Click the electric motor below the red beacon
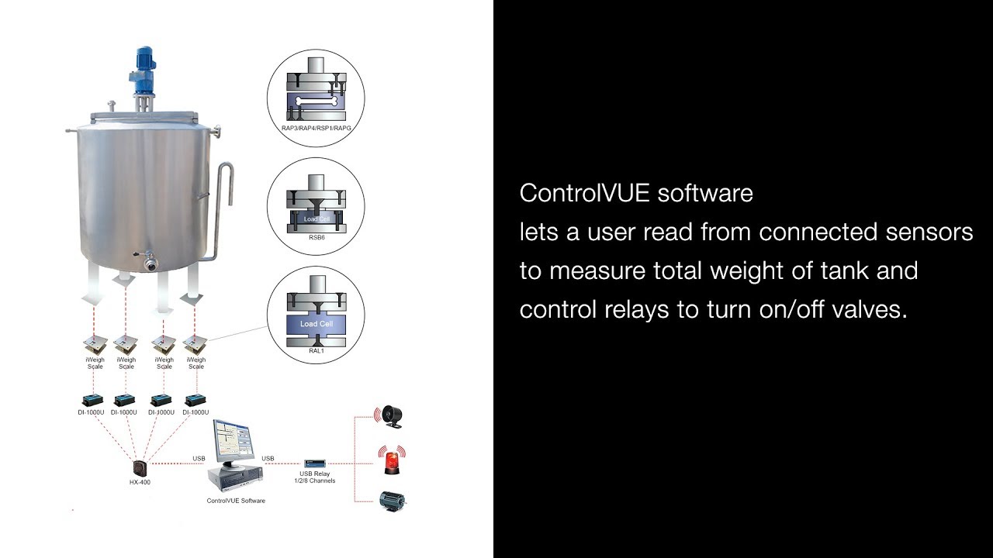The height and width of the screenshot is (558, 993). coord(391,501)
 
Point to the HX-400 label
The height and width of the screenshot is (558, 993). coord(140,483)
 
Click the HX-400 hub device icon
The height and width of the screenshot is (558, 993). coord(140,468)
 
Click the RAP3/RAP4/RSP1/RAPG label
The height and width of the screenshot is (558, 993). coord(316,127)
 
